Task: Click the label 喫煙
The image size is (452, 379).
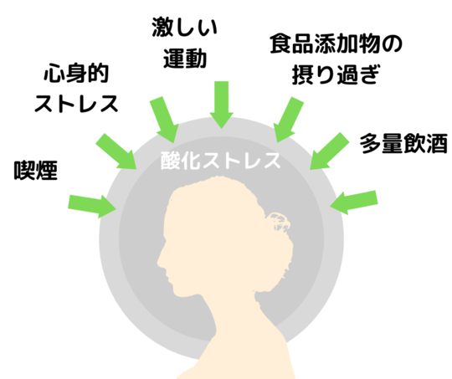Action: pyautogui.click(x=36, y=170)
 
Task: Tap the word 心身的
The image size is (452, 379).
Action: pyautogui.click(x=76, y=74)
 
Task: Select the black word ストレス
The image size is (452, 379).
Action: pyautogui.click(x=76, y=104)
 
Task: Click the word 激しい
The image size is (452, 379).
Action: pyautogui.click(x=184, y=27)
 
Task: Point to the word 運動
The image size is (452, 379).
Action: pyautogui.click(x=185, y=59)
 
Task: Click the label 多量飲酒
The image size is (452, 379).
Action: pyautogui.click(x=403, y=143)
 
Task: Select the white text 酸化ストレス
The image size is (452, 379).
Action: pyautogui.click(x=220, y=161)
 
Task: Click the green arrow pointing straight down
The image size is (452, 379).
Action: pyautogui.click(x=221, y=105)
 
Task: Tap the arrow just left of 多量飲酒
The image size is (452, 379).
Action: pyautogui.click(x=329, y=151)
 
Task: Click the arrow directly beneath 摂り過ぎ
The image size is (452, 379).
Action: pyautogui.click(x=288, y=120)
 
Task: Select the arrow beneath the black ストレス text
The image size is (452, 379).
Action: pyautogui.click(x=116, y=151)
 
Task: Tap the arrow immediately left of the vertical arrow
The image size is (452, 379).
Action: pyautogui.click(x=164, y=120)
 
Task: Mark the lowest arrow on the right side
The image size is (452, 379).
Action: pyautogui.click(x=354, y=202)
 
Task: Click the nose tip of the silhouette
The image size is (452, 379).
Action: pyautogui.click(x=158, y=263)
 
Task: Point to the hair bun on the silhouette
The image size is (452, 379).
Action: pyautogui.click(x=278, y=222)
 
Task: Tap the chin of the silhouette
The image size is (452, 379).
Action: pyautogui.click(x=179, y=294)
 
